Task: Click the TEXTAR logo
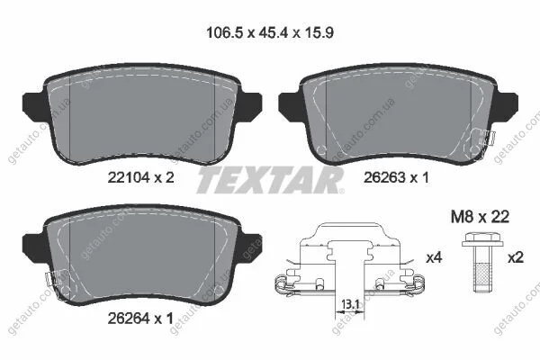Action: coord(270,180)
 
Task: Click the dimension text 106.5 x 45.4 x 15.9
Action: coord(270,33)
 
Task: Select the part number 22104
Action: coord(129,177)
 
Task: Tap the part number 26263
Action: coord(384,178)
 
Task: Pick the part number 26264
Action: coord(129,319)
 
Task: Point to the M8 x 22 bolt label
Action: coord(480,217)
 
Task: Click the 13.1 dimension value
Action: coord(349,304)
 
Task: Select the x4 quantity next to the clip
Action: coord(434,257)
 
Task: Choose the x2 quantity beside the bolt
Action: coord(516,257)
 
